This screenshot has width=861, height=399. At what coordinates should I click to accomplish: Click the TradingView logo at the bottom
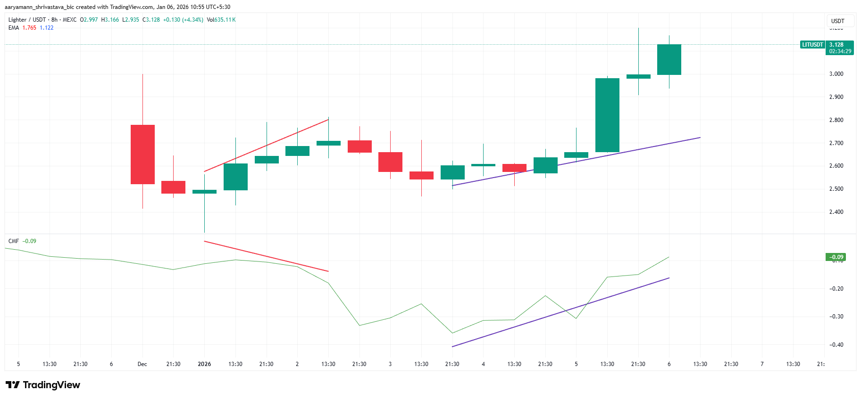click(x=43, y=385)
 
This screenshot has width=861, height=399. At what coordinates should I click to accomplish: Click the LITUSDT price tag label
click(x=812, y=45)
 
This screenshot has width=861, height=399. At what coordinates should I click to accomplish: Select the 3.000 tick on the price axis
click(x=836, y=74)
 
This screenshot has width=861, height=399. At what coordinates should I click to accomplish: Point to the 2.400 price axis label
click(x=836, y=212)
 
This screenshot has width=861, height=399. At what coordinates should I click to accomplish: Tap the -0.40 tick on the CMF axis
click(x=836, y=345)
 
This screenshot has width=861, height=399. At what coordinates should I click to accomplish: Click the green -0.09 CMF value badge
click(x=836, y=257)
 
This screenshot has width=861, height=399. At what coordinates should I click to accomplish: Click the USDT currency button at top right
click(x=838, y=21)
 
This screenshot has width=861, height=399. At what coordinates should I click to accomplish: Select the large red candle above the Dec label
click(x=142, y=155)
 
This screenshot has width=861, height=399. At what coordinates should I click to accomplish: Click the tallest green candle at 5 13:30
click(x=607, y=115)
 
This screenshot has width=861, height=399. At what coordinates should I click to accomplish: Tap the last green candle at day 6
click(x=669, y=59)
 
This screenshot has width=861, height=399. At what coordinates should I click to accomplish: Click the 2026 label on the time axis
click(x=204, y=364)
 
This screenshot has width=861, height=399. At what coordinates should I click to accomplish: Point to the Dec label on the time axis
click(x=142, y=364)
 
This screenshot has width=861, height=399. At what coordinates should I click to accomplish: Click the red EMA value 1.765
click(x=29, y=28)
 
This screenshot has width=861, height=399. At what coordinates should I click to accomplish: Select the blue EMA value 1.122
click(x=47, y=28)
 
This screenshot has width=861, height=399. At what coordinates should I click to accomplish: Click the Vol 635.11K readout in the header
click(x=221, y=20)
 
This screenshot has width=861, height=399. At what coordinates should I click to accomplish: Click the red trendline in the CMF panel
click(x=266, y=256)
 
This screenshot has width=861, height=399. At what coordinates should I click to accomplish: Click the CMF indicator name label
click(x=13, y=241)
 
